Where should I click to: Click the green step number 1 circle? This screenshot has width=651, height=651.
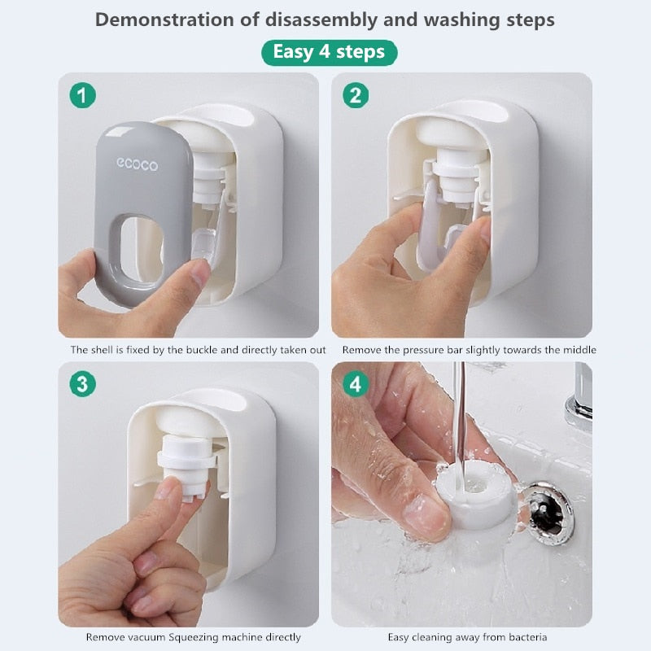(x=82, y=95)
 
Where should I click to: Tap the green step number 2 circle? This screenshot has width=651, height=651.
(x=355, y=95)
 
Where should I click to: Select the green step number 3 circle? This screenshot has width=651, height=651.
(x=82, y=384)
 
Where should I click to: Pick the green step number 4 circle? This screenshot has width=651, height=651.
(x=355, y=384)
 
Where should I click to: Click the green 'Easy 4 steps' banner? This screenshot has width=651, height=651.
(x=329, y=53)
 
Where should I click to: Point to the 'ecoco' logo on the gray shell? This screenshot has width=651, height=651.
(x=137, y=165)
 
